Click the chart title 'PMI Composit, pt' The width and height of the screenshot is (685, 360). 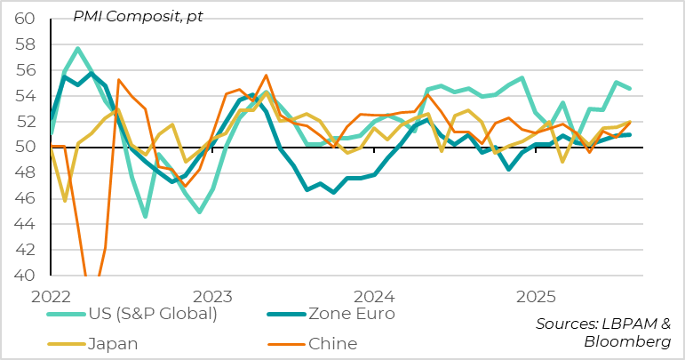pyautogui.click(x=137, y=17)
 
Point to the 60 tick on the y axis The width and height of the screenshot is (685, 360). pyautogui.click(x=24, y=19)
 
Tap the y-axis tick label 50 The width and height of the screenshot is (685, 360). pyautogui.click(x=24, y=148)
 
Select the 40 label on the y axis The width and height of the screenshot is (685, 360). pyautogui.click(x=24, y=276)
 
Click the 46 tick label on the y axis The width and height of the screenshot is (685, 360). pyautogui.click(x=24, y=199)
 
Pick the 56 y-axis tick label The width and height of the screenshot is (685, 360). pyautogui.click(x=24, y=70)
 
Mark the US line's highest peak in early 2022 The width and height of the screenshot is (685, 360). pyautogui.click(x=78, y=48)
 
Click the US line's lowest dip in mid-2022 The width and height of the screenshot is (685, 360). pyautogui.click(x=145, y=217)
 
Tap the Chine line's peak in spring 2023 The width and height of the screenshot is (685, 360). pyautogui.click(x=266, y=76)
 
